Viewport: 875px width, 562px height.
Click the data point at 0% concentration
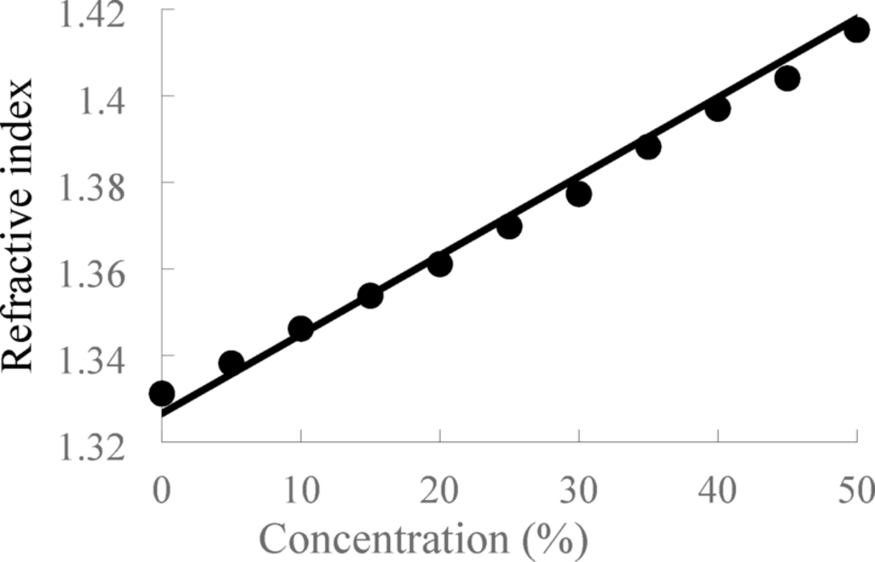(162, 393)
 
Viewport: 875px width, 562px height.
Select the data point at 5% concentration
(231, 363)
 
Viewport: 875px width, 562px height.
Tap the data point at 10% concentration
(301, 329)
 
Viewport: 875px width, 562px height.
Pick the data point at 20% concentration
(440, 264)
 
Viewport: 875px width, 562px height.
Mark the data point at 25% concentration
(509, 226)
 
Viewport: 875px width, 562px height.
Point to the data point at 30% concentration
(579, 194)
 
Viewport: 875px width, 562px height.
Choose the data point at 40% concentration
(718, 109)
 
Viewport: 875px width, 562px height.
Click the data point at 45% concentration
(787, 78)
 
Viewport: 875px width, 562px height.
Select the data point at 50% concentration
(857, 30)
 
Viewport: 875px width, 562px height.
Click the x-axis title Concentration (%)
(424, 538)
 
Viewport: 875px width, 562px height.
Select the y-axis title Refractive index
(20, 226)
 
